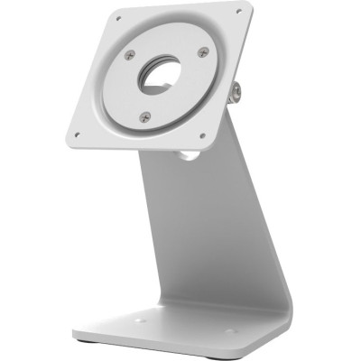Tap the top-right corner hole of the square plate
tap(239, 12)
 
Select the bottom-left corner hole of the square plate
tap(78, 134)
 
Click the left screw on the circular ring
tap(132, 56)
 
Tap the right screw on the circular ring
tap(202, 52)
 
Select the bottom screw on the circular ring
tap(145, 116)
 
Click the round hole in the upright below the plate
tap(188, 154)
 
